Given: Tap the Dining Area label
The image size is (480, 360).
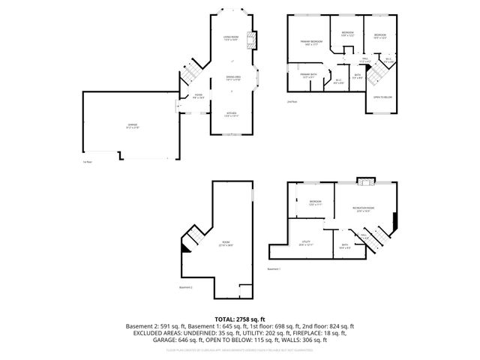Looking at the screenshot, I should (x=233, y=77).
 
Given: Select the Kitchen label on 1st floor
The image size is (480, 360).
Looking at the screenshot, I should (x=230, y=114).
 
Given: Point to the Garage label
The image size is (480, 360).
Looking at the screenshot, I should (x=131, y=125).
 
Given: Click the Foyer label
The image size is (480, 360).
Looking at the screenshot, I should (x=198, y=94).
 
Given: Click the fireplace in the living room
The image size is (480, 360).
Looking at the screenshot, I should (x=254, y=39).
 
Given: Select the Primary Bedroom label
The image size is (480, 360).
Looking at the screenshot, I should (x=311, y=43).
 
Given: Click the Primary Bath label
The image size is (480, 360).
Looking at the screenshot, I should (x=308, y=75).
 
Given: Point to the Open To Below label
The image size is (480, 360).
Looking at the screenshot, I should (x=382, y=97).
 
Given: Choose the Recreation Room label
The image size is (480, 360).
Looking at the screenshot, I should (x=364, y=209).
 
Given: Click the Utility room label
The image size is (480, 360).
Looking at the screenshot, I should (x=307, y=242).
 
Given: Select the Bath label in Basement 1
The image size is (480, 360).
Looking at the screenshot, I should (x=345, y=245).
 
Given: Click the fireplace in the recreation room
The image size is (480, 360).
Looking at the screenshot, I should (x=364, y=181).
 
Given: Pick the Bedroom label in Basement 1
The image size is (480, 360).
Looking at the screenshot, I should (x=316, y=202).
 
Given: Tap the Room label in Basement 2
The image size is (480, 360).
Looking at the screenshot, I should (x=226, y=243).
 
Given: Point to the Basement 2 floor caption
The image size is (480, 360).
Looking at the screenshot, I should (x=186, y=286).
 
